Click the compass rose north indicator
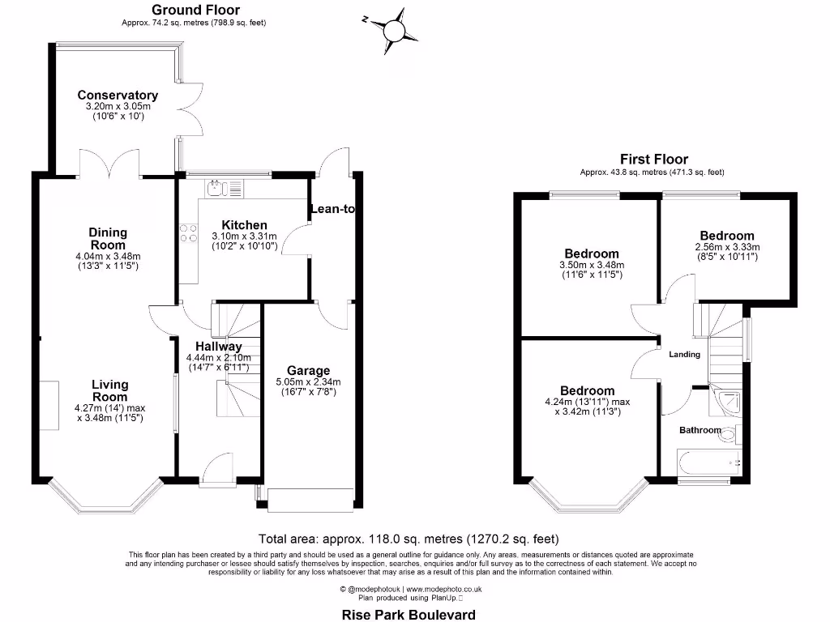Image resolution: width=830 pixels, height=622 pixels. [393, 30]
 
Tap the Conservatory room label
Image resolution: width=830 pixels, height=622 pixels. [118, 95]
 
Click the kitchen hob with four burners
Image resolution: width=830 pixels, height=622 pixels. [189, 233]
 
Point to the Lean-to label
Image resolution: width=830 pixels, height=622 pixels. [332, 209]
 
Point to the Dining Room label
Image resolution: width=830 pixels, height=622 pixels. [108, 238]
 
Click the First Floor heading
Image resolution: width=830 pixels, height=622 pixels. [653, 160]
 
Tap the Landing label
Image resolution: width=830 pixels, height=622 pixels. [684, 354]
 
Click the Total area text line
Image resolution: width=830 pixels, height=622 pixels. [409, 539]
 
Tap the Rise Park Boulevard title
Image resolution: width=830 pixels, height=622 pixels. [408, 615]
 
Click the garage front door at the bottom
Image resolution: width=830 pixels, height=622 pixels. [310, 501]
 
